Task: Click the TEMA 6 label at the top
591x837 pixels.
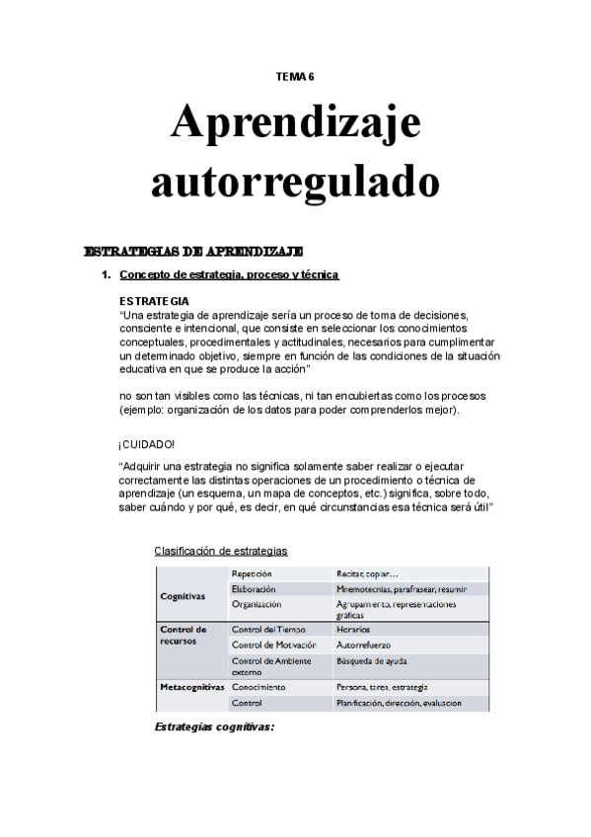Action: [295, 76]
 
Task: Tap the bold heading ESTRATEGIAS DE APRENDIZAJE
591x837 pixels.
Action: [193, 251]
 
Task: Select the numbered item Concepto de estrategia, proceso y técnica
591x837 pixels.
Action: [229, 274]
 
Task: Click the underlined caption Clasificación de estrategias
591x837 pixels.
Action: [221, 550]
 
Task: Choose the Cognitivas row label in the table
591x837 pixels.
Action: [183, 596]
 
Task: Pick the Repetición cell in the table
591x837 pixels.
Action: [252, 572]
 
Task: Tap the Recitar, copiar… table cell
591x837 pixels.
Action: [367, 572]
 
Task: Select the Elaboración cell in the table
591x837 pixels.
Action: [254, 588]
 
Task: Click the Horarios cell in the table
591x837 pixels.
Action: [352, 629]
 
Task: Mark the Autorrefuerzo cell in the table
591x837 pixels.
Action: [363, 645]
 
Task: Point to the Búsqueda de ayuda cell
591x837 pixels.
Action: [371, 660]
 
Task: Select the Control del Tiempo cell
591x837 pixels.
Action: [268, 629]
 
